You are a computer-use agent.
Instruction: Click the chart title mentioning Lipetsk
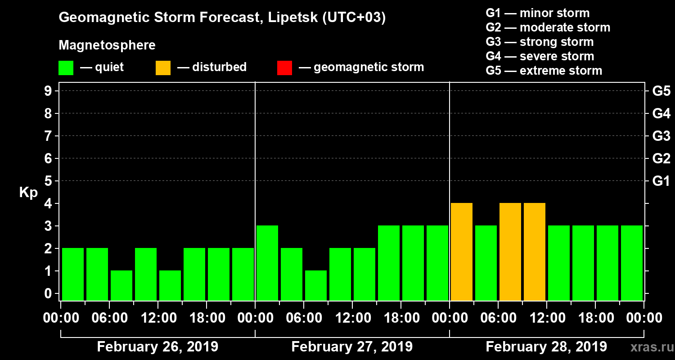coord(222,18)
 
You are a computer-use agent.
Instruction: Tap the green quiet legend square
coord(66,67)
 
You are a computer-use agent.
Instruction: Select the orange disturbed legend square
coord(163,67)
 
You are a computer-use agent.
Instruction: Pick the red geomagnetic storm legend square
coord(284,67)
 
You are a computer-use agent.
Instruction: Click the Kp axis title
coord(28,192)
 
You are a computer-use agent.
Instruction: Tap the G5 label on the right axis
coord(661,91)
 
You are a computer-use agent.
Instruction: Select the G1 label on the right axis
coord(661,181)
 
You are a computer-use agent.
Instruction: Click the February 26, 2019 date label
coord(157,347)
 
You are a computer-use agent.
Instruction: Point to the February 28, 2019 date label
coord(546,347)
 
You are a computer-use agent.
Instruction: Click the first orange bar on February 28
coord(462,252)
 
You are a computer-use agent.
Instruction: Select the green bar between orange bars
coord(486,263)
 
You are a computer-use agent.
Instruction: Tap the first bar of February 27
coord(267,263)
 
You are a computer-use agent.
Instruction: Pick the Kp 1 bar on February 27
coord(316,285)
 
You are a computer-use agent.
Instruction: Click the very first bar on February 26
coord(73,274)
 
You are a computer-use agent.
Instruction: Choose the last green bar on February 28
coord(632,263)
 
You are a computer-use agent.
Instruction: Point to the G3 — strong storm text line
coord(540,42)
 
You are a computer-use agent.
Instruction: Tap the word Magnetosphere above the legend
coord(107,45)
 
